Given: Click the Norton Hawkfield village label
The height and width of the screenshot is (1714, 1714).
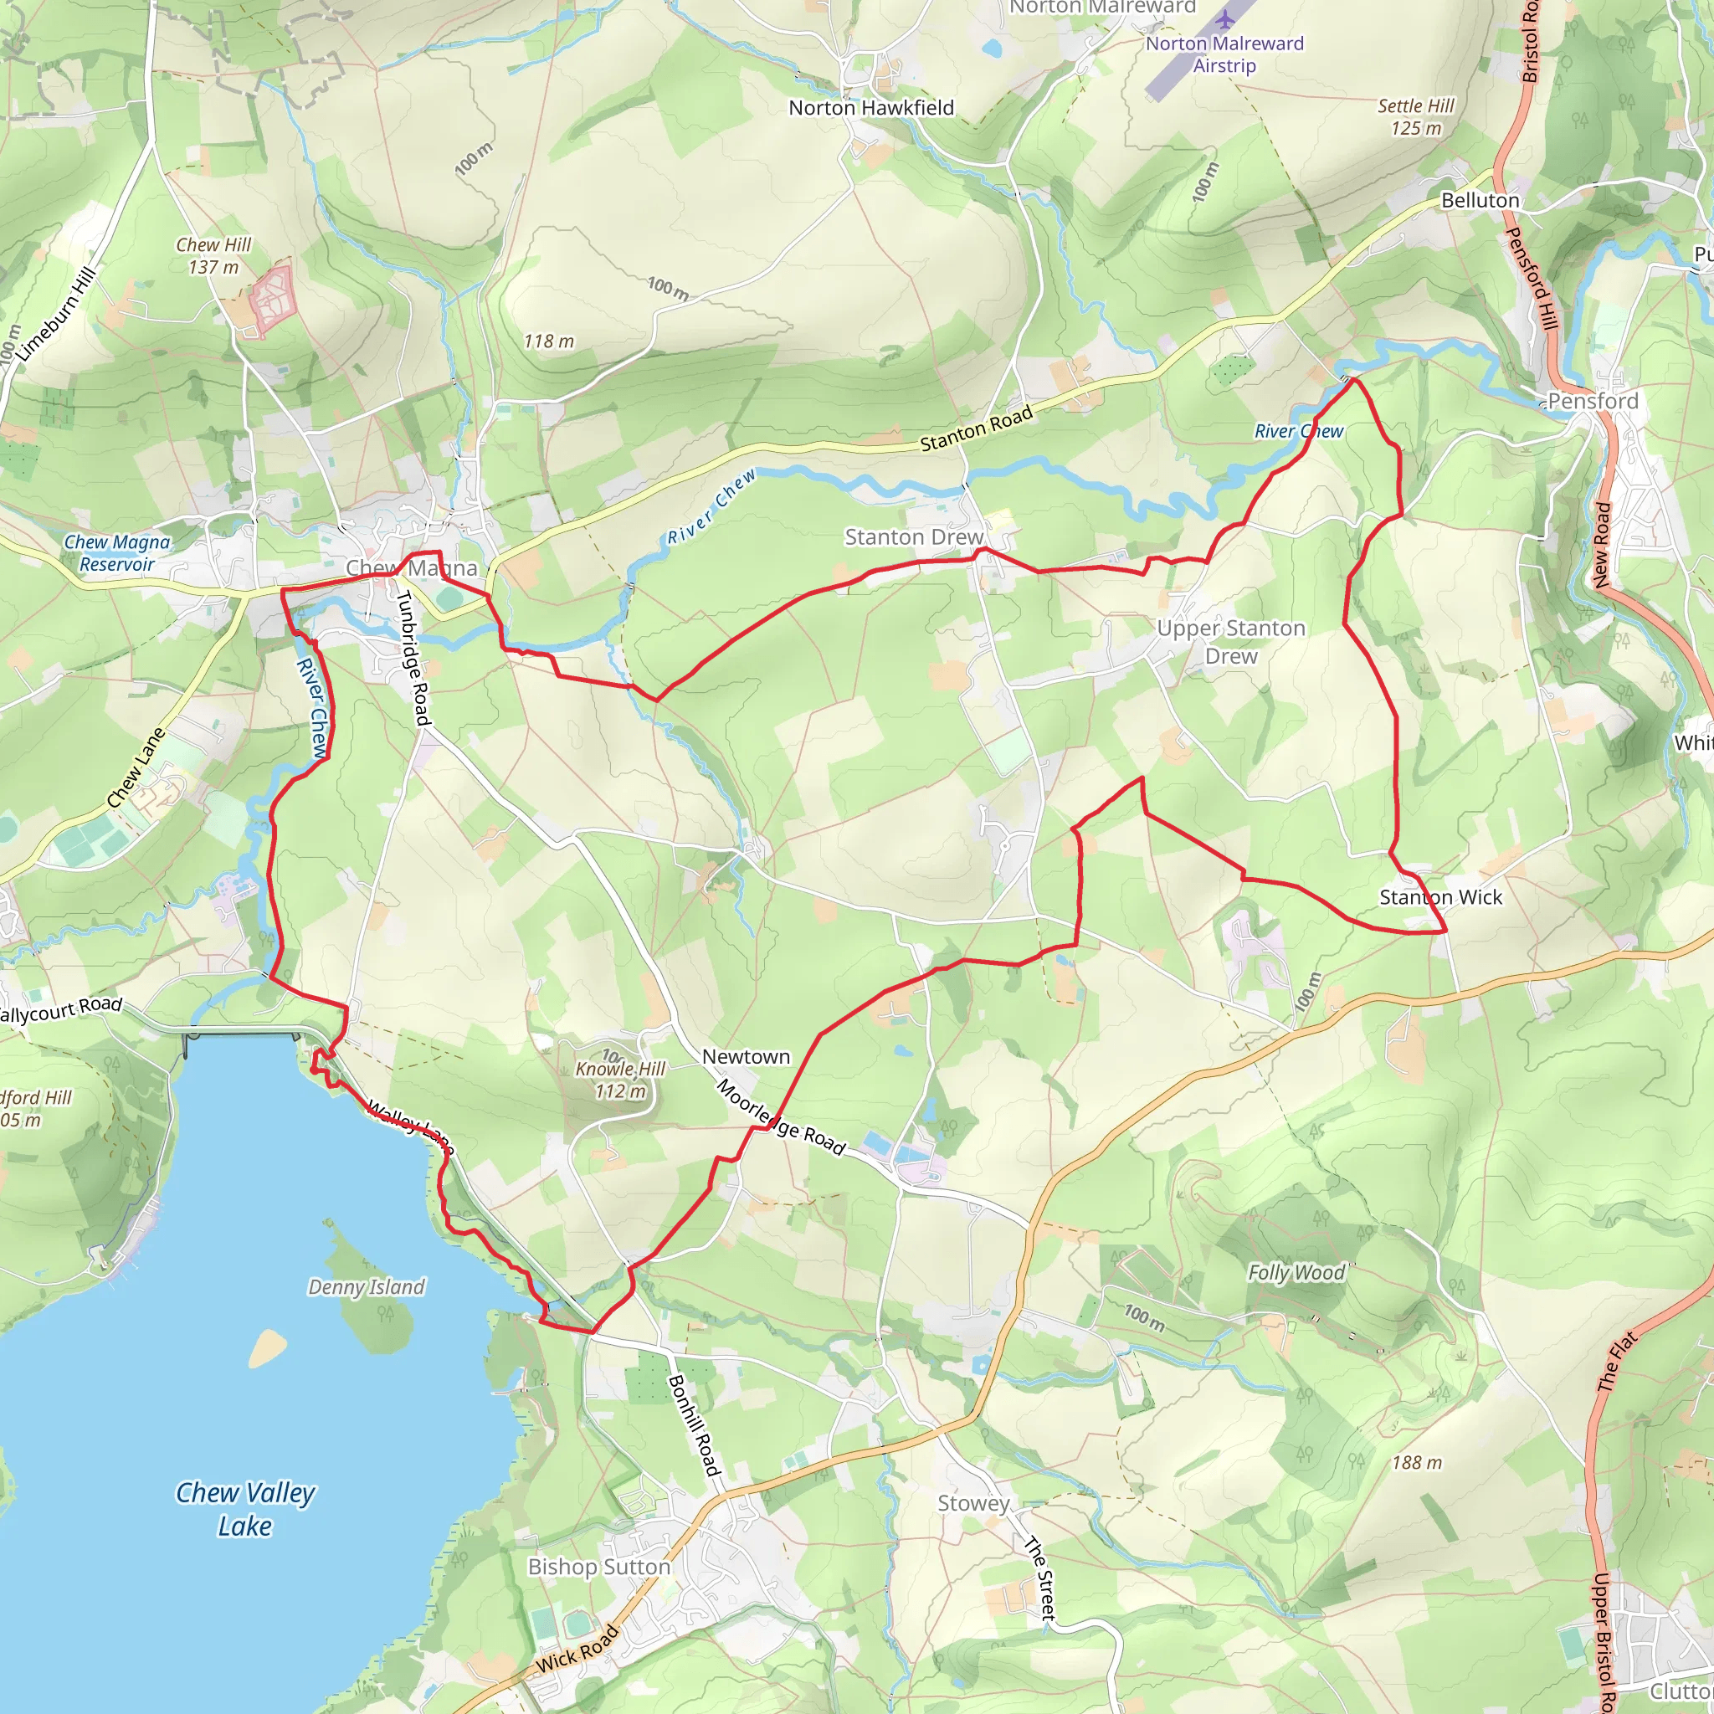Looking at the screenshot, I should pos(871,108).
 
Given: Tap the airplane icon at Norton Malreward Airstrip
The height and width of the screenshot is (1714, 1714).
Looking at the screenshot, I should pos(1225,19).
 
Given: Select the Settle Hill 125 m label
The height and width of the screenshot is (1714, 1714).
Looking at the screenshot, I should pos(1416,117).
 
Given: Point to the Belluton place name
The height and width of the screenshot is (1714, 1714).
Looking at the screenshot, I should pos(1480,201).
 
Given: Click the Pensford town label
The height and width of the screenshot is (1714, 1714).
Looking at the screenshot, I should pos(1593,401).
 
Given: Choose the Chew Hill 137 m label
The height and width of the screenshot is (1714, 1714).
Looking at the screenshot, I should pos(213,255).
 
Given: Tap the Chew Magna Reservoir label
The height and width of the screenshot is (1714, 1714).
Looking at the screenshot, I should pos(117,552).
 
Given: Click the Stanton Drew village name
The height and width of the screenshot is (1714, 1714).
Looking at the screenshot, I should pos(914,537).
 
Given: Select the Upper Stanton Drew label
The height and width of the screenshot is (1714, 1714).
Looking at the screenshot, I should pos(1230,642).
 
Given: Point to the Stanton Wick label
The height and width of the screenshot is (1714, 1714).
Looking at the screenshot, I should pos(1441,898).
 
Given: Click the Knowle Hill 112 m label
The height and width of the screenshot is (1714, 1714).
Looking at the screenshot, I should pos(620,1080).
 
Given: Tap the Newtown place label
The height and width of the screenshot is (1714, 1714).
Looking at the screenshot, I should pos(745,1057).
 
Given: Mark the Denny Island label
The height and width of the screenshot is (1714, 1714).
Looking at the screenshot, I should pos(367,1287).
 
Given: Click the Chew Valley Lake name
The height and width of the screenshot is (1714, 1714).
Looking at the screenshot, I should pos(245,1509).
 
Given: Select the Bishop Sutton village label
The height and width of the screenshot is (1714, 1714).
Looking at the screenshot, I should pos(599,1567).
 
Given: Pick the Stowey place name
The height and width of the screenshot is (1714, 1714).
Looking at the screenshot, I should pos(973,1503).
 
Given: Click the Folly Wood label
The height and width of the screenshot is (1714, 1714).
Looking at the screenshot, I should pos(1296,1273).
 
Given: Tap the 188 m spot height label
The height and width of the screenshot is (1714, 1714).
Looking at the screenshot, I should pos(1417,1463).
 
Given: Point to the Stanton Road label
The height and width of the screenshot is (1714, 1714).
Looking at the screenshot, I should pos(976,429).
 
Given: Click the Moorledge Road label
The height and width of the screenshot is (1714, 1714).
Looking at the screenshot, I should pos(781,1117).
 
